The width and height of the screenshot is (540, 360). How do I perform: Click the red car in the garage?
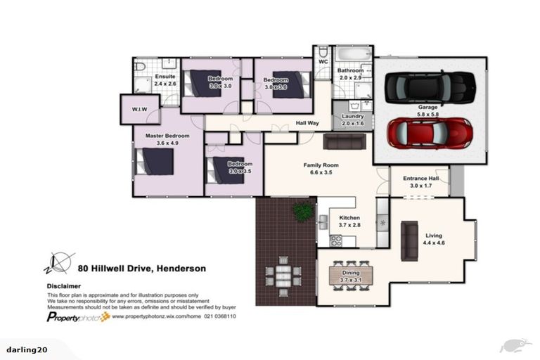click(x=430, y=131)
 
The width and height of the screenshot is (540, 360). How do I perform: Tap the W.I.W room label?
click(x=141, y=110)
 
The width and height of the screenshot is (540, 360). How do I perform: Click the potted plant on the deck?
click(x=304, y=210)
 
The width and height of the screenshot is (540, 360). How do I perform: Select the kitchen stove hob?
click(x=336, y=240)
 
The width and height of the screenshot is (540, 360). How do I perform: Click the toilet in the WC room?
click(x=322, y=53)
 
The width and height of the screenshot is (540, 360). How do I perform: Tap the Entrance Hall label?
click(x=420, y=179)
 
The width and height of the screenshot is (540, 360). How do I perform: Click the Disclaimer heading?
click(x=64, y=286)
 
